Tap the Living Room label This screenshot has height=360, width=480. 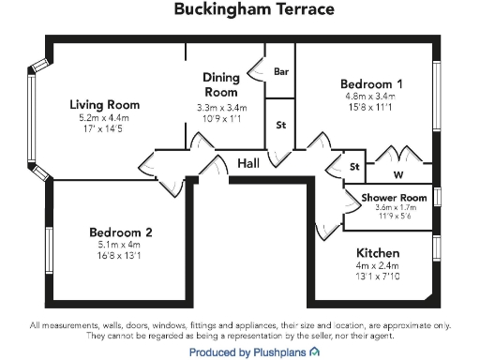point(105,104)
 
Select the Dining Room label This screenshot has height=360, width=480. point(221,85)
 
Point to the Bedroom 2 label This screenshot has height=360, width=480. point(121,232)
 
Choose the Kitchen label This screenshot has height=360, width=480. point(379,253)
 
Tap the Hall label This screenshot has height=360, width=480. point(248,163)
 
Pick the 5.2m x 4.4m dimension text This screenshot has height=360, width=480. point(105,117)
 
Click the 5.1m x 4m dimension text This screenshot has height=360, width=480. point(121,244)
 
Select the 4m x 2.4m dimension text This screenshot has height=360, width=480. point(379,265)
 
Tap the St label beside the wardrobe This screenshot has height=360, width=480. point(354,167)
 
